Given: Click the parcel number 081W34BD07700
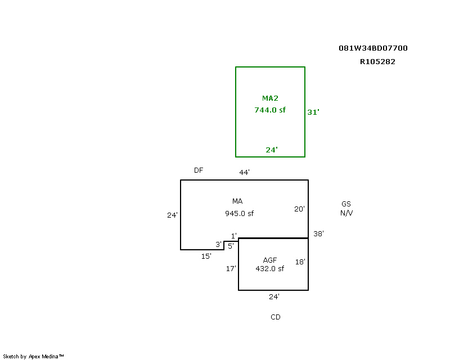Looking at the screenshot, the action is click(x=373, y=48).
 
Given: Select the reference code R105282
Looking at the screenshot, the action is click(x=377, y=62).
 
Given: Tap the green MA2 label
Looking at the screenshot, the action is click(x=270, y=98).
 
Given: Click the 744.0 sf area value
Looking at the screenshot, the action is click(x=270, y=110).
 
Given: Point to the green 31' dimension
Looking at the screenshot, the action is click(x=313, y=112).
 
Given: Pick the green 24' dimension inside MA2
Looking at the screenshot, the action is click(x=272, y=150).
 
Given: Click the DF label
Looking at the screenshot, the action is click(x=199, y=170).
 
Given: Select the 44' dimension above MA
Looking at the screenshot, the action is click(x=245, y=172).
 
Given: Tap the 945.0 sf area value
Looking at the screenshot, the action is click(x=240, y=214).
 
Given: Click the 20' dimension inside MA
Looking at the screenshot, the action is click(x=299, y=209).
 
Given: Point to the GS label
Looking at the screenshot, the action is click(x=346, y=204).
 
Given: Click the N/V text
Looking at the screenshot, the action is click(x=346, y=213).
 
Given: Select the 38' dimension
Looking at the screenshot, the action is click(x=318, y=233).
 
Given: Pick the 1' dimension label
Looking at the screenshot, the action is click(x=234, y=236).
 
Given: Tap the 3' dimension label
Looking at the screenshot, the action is click(x=219, y=245).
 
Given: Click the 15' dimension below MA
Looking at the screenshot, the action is click(x=206, y=256).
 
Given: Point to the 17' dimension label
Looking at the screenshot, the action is click(x=231, y=269).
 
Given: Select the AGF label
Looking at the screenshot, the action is click(x=270, y=260).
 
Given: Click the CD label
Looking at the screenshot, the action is click(x=276, y=317).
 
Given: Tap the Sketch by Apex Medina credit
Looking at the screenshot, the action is click(x=33, y=357).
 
